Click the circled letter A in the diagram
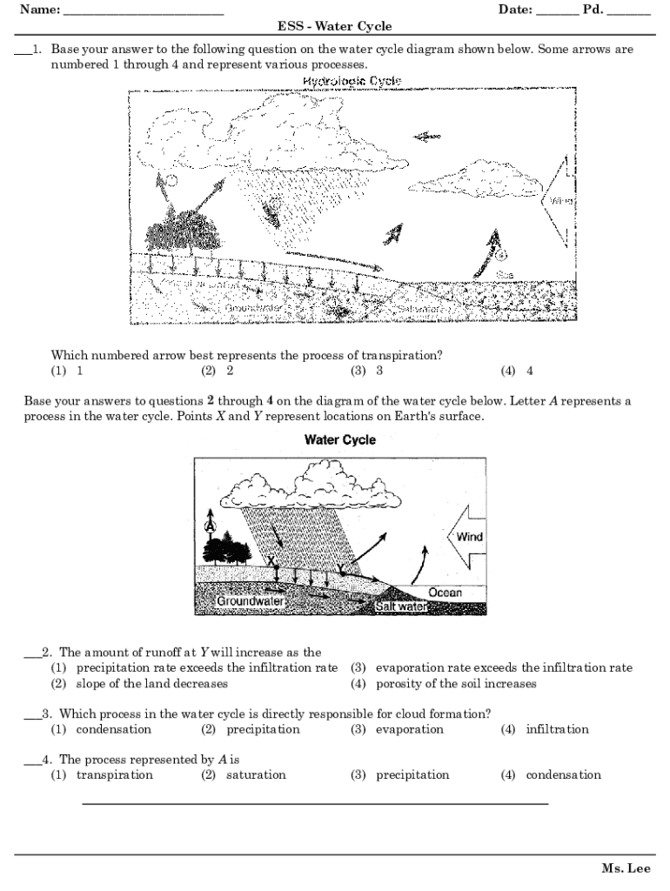(x=209, y=525)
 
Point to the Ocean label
(x=445, y=593)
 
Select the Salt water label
(x=401, y=606)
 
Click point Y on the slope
(x=341, y=573)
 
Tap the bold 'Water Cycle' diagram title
(x=339, y=440)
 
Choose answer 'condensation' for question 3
(x=113, y=729)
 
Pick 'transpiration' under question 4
(x=114, y=774)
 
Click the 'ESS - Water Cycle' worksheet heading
(x=334, y=26)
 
